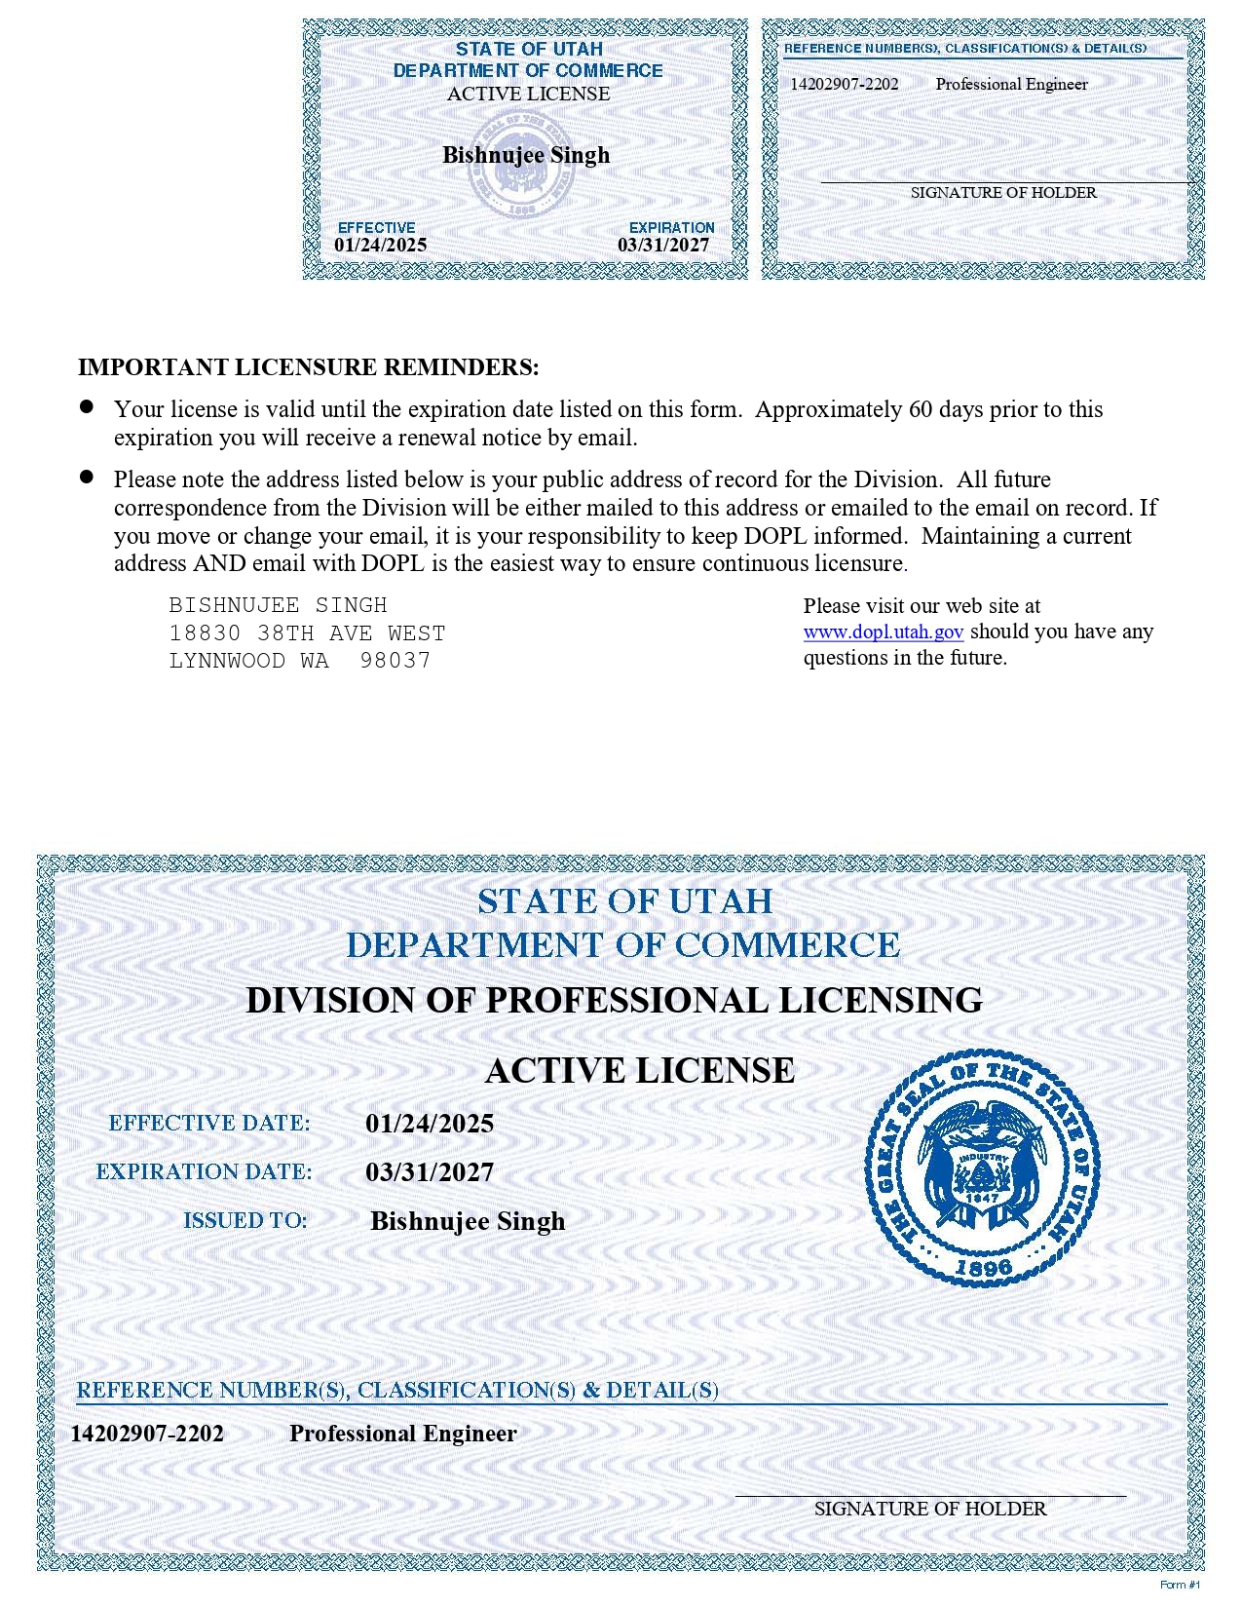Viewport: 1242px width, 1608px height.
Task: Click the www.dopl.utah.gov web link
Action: pos(883,632)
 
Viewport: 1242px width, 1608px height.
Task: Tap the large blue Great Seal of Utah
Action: pos(982,1168)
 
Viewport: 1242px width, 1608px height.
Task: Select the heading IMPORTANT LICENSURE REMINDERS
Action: pos(308,367)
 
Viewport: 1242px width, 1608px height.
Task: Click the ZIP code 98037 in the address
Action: pos(395,661)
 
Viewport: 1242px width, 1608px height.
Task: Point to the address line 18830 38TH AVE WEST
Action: pos(307,633)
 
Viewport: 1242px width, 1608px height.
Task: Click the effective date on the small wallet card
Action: pos(380,246)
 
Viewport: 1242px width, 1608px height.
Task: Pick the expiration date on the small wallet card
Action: pos(663,246)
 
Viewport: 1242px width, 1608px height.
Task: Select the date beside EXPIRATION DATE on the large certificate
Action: pos(430,1172)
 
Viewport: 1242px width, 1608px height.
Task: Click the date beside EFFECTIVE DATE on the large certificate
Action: pos(430,1124)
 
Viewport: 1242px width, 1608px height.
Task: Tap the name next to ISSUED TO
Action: pos(468,1221)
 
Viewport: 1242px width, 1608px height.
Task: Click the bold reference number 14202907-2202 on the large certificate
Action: pos(147,1434)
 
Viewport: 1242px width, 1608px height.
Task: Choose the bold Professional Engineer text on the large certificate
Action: pos(402,1434)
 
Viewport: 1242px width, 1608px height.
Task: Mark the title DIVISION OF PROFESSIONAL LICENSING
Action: pos(614,1001)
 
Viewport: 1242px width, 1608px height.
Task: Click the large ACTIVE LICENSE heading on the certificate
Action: pos(640,1070)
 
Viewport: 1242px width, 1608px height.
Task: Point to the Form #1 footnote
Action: pos(1180,1585)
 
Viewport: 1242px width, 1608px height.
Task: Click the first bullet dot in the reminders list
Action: pos(87,406)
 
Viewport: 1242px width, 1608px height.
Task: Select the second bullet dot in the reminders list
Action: pos(87,477)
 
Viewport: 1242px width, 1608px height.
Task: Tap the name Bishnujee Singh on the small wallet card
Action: pos(526,155)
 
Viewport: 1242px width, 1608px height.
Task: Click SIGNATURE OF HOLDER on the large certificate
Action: pos(930,1509)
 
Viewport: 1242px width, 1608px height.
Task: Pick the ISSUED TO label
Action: pos(245,1221)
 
